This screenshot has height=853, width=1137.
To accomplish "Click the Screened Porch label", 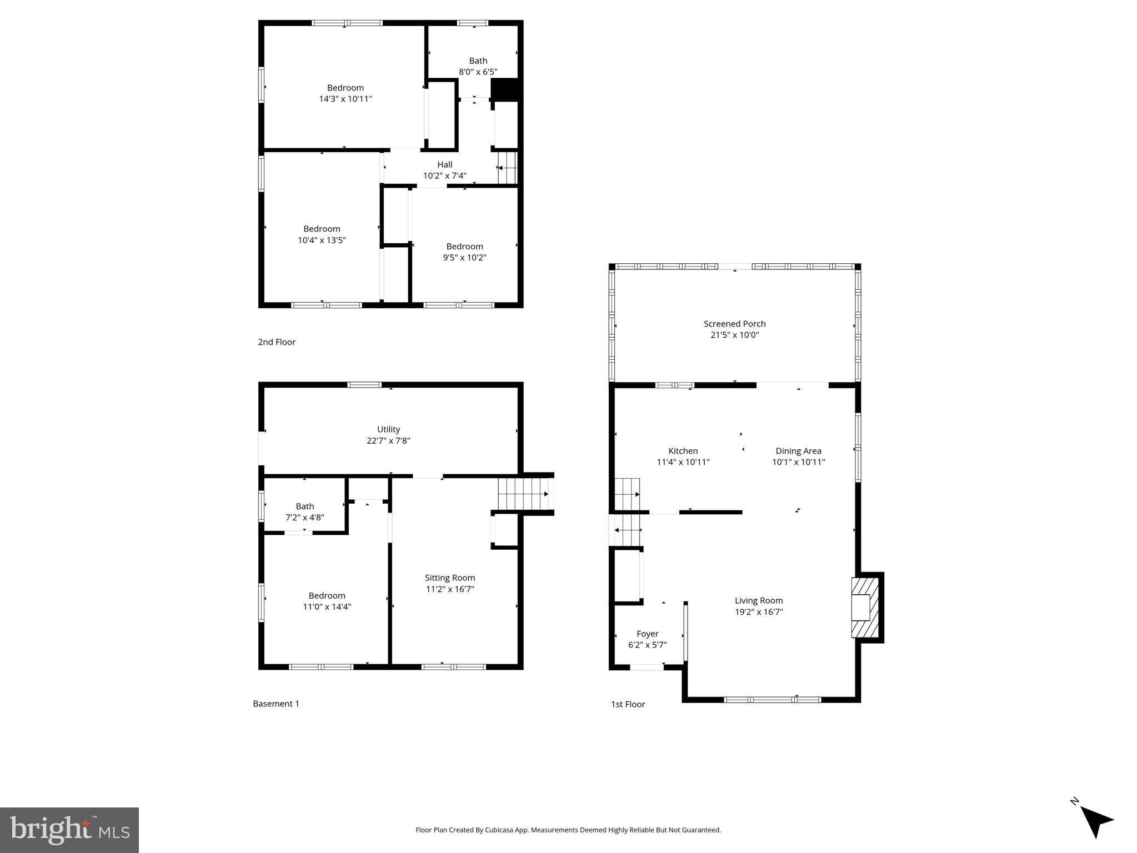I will (x=734, y=324).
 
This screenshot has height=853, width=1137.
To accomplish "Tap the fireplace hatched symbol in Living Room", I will (x=865, y=608).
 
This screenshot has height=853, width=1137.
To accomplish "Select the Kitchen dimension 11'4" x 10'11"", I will (x=683, y=462).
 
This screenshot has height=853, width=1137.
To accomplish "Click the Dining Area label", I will (x=798, y=451).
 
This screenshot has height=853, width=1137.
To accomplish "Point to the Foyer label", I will (x=647, y=634).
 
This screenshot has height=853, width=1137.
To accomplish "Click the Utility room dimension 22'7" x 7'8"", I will (x=388, y=441).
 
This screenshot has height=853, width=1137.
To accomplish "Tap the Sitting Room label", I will (x=450, y=578).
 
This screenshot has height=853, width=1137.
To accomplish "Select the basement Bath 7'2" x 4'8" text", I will (x=304, y=512).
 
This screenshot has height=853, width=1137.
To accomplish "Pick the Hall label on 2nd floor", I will (x=444, y=164).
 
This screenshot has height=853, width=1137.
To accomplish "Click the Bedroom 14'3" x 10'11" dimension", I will (x=345, y=99).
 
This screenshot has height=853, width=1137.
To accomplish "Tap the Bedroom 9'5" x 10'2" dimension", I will (x=464, y=258).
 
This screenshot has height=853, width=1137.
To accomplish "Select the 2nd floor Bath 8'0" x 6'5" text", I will (x=478, y=66).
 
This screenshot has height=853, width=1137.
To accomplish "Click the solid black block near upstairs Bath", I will (x=505, y=90).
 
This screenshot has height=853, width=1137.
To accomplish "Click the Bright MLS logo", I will (x=69, y=830).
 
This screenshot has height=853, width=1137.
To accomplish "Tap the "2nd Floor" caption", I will (x=277, y=342).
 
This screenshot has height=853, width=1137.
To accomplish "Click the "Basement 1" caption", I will (x=276, y=704).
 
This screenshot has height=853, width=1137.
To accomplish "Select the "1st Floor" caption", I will (x=628, y=704).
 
